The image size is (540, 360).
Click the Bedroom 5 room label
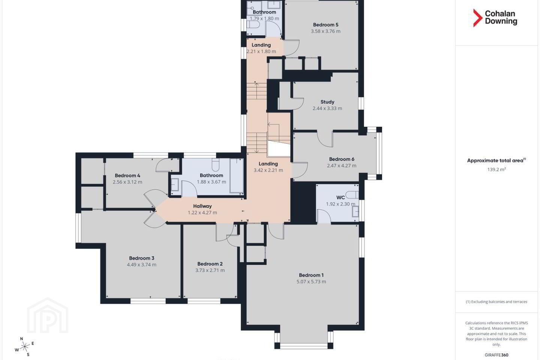pos(325,25)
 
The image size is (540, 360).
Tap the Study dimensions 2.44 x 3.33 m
pos(327,108)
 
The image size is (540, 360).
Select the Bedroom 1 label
pos(311,275)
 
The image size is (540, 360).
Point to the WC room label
pos(340,198)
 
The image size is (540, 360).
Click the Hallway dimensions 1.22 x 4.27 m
pos(202,212)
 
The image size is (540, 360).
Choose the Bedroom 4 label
pos(127,175)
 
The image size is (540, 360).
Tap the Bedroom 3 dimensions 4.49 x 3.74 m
pos(141,264)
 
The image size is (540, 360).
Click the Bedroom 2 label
pos(210,264)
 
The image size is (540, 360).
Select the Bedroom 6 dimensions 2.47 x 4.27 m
pos(342,166)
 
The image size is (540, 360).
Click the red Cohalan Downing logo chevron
pos(477,18)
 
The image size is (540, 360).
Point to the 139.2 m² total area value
pos(496,169)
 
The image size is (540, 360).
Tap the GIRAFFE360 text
pos(496,355)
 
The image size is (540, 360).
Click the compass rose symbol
pos(25,347)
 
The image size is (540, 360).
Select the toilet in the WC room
pos(352,195)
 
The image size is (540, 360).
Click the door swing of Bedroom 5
pos(291,48)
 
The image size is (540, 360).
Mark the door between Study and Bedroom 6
pos(325,139)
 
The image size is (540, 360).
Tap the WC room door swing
pos(324,216)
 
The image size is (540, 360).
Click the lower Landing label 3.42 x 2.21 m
pos(268,167)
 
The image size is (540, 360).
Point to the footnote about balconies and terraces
pos(496,301)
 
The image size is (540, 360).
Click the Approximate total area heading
pos(496,160)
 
